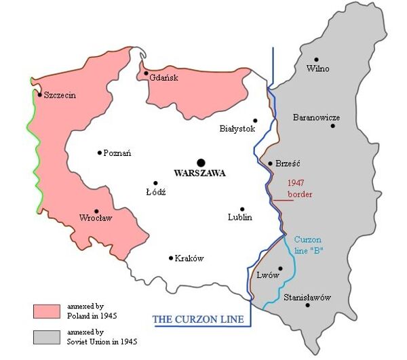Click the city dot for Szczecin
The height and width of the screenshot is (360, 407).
40,94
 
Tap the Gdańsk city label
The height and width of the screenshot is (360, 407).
163,78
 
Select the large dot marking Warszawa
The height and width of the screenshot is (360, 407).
200,162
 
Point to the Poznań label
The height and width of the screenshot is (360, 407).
117,153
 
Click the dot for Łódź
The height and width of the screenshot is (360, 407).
156,183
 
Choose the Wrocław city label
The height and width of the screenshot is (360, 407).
96,219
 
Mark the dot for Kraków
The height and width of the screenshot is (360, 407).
171,258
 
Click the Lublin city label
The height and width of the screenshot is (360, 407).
239,218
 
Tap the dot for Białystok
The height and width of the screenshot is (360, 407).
256,120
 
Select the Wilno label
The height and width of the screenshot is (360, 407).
318,68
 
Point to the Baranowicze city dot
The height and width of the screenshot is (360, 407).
332,125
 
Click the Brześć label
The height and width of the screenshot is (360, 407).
288,163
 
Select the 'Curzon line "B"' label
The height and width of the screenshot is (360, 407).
309,245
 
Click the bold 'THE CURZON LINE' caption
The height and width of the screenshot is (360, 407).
197,319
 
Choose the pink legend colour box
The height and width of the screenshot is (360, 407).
47,311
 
